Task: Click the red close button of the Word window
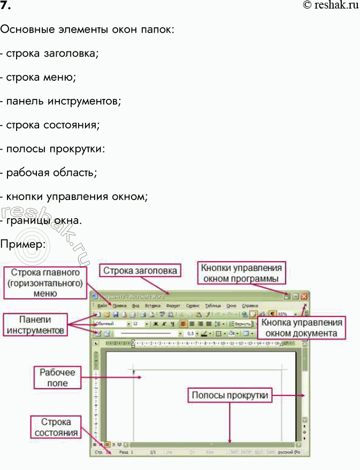305,296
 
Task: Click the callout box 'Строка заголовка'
140,271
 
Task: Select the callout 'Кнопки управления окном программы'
240,273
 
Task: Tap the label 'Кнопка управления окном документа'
301,328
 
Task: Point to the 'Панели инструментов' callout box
35,325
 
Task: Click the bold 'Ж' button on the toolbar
156,324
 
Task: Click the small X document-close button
305,306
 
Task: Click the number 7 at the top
6,6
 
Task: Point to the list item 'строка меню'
39,76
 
